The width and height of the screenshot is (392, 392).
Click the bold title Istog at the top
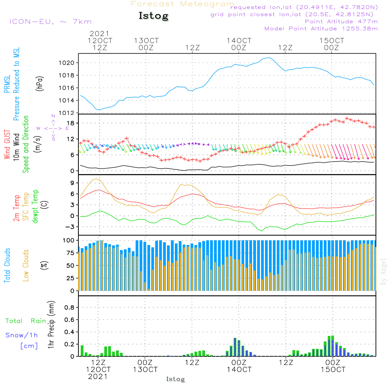pyautogui.click(x=154, y=16)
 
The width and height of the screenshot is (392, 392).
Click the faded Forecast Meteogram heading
pyautogui.click(x=183, y=4)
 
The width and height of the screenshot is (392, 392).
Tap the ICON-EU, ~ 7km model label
pyautogui.click(x=51, y=22)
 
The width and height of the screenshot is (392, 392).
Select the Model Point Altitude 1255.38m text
pyautogui.click(x=321, y=29)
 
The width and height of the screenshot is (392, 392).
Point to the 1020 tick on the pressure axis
pyautogui.click(x=67, y=63)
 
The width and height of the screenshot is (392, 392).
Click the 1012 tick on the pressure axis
pyautogui.click(x=67, y=113)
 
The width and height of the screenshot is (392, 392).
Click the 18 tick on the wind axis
pyautogui.click(x=71, y=123)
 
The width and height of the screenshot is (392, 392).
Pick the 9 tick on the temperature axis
pyautogui.click(x=72, y=183)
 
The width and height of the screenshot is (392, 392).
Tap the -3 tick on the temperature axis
pyautogui.click(x=70, y=227)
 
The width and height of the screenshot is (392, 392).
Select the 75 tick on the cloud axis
pyautogui.click(x=70, y=253)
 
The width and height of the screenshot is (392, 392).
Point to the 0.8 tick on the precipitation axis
pyautogui.click(x=69, y=307)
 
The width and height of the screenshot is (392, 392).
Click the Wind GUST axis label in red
pyautogui.click(x=7, y=144)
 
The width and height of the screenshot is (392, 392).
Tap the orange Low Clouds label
pyautogui.click(x=25, y=265)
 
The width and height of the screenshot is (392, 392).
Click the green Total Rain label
pyautogui.click(x=26, y=321)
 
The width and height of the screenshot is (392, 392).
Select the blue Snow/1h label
pyautogui.click(x=22, y=335)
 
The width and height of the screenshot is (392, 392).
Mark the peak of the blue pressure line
pyautogui.click(x=269, y=58)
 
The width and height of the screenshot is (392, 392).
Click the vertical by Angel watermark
pyautogui.click(x=383, y=272)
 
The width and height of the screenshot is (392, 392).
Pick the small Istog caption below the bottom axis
pyautogui.click(x=176, y=379)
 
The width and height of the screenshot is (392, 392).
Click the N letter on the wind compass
pyautogui.click(x=53, y=116)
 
